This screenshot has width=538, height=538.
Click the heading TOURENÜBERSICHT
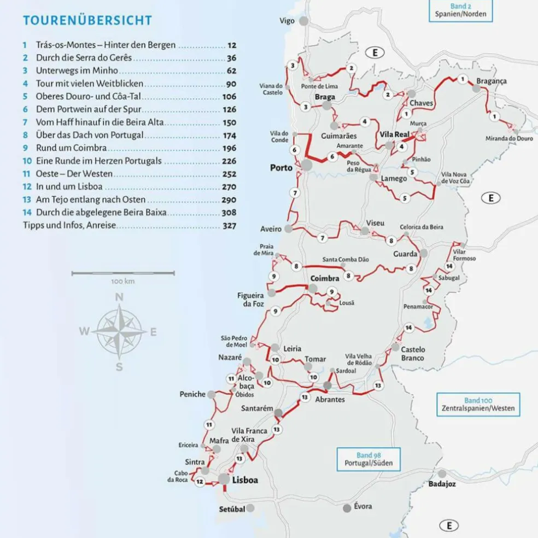(87, 21)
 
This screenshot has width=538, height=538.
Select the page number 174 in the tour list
(229, 135)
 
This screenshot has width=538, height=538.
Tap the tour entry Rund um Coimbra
(71, 148)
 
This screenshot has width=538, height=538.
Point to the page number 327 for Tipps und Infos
(229, 225)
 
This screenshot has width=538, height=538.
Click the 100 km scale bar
(123, 272)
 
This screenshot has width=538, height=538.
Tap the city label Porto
(282, 168)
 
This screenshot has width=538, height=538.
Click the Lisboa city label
(244, 481)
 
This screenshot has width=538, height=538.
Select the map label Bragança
(491, 81)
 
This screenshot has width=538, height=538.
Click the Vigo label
(286, 21)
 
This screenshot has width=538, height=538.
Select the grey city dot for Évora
(347, 508)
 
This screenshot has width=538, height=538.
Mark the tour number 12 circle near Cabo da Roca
(200, 482)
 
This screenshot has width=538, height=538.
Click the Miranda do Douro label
(509, 139)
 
